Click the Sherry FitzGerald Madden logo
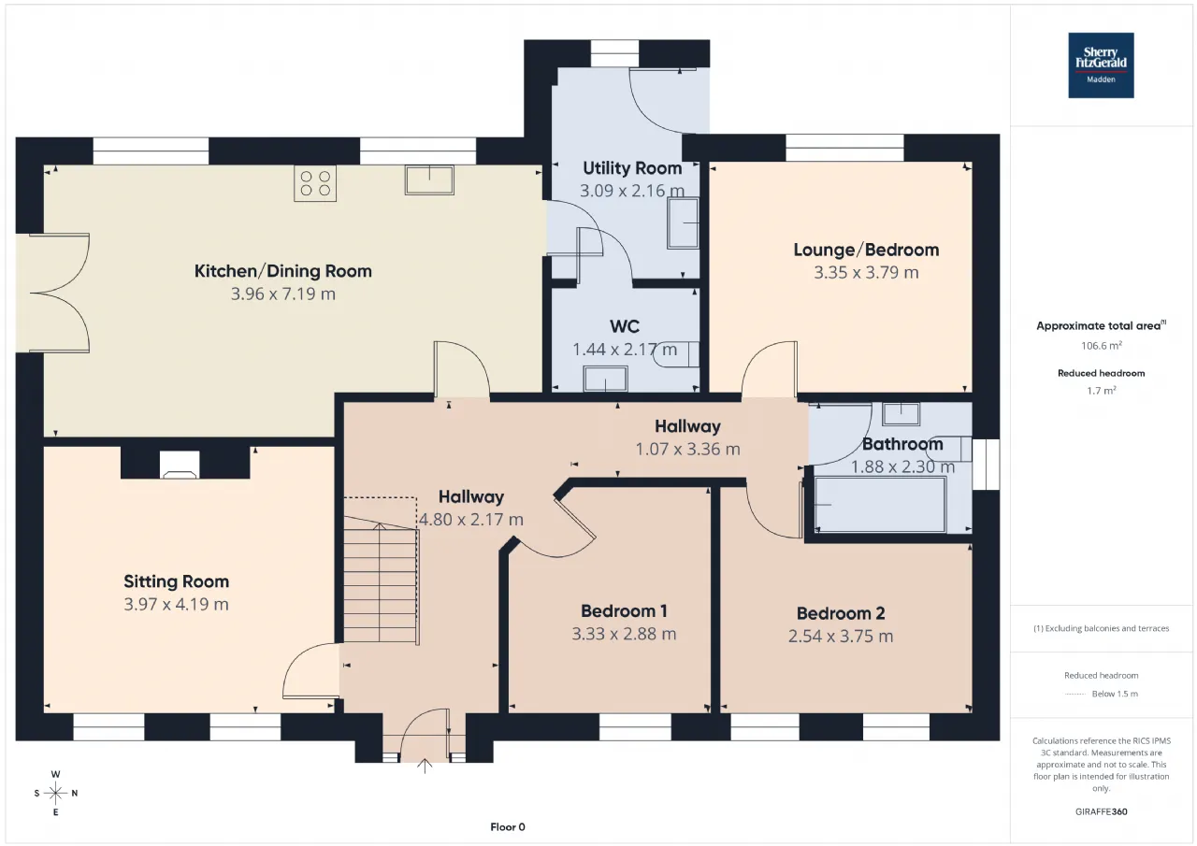pos(1101,65)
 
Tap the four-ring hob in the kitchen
pos(315,183)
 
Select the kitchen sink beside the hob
pos(429,180)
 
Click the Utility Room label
pos(632,168)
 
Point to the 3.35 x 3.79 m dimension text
pos(866,272)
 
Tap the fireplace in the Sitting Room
pos(180,464)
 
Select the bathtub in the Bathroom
pos(880,505)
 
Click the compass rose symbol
pos(55,793)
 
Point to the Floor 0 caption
pos(508,826)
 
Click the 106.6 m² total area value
pos(1102,346)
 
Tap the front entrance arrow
pos(425,766)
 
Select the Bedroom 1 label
pos(624,611)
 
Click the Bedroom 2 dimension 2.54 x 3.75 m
pos(841,636)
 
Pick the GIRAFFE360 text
pos(1102,811)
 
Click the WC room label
pos(625,326)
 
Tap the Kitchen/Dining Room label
pos(283,271)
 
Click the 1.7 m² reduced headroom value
pos(1102,391)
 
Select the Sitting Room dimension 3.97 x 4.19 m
pos(177,604)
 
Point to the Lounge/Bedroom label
pos(866,250)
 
